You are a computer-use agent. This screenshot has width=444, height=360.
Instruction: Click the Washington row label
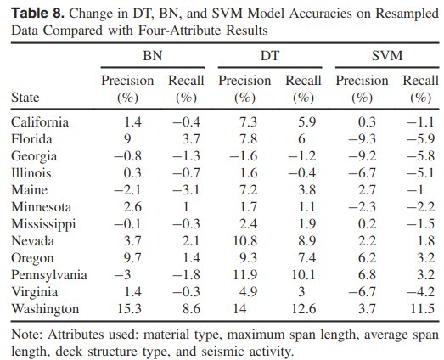pos(45,309)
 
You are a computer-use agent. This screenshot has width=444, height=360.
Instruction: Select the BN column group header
pos(153,55)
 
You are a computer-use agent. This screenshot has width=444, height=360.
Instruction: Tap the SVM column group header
pos(387,55)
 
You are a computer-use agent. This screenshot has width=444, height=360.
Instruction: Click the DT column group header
pos(270,55)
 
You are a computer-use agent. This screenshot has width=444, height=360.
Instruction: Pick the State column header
pos(25,98)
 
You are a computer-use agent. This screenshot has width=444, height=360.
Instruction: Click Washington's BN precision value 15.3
pos(129,308)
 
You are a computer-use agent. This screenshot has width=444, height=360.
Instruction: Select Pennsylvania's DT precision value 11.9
pos(245,274)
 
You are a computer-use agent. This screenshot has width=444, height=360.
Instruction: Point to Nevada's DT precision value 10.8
pos(245,241)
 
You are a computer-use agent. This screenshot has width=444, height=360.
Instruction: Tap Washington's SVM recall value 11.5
pos(422,308)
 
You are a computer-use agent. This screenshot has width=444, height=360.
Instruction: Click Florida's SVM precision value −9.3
pos(363,138)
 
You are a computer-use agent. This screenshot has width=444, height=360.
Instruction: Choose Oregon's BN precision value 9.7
pos(132,258)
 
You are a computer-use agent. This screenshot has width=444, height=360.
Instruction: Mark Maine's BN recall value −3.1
pos(186,190)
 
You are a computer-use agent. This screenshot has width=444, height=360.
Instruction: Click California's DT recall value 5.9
pos(307,121)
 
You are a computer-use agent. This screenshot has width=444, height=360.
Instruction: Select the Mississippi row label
pos(43,224)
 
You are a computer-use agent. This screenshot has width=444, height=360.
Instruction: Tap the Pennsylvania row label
pos(49,275)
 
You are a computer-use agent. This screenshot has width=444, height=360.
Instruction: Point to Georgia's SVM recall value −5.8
pos(421,155)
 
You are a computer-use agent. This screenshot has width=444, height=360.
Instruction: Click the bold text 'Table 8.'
pos(38,14)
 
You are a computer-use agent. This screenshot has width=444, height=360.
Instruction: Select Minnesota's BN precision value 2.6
pos(132,207)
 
